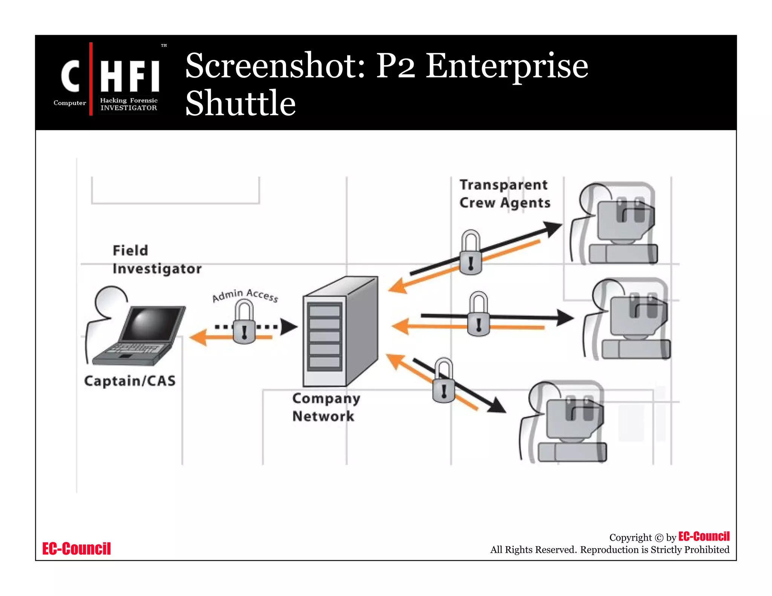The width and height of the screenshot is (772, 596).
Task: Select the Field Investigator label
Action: click(156, 260)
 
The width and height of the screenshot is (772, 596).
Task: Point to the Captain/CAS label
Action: click(130, 381)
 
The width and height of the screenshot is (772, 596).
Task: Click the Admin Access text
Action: click(245, 295)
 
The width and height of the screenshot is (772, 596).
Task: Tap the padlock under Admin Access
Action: click(244, 324)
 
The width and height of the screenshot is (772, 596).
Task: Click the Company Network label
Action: click(326, 407)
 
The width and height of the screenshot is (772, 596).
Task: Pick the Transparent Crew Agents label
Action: click(504, 194)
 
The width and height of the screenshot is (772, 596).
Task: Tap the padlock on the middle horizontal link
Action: click(478, 315)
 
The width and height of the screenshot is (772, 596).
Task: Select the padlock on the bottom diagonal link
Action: click(444, 381)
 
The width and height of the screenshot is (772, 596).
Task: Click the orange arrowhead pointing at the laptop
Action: click(198, 337)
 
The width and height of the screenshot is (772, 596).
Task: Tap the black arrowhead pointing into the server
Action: click(289, 327)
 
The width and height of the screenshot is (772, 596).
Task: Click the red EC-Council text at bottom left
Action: click(77, 549)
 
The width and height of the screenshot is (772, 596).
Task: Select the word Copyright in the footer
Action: click(630, 538)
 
